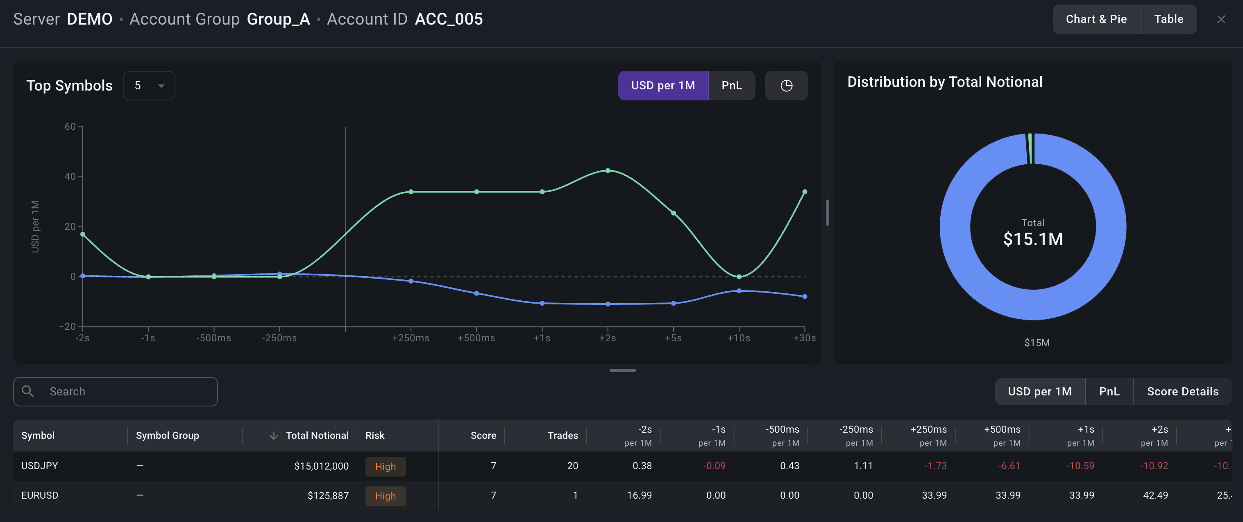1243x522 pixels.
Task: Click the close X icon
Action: (1221, 19)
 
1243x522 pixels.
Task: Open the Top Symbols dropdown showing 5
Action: (149, 85)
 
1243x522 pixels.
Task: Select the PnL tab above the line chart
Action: (732, 85)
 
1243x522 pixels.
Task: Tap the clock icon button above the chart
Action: (787, 85)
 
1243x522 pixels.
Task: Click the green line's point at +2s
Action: (608, 170)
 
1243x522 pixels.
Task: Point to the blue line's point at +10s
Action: (739, 291)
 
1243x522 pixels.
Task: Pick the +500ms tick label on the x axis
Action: (476, 338)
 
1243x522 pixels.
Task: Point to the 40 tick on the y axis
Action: (70, 177)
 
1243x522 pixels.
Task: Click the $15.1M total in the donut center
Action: (1033, 239)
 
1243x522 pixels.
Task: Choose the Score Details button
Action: (1183, 391)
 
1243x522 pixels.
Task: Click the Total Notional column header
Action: (317, 435)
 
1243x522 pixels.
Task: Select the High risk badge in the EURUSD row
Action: (386, 496)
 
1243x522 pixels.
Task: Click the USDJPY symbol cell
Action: (40, 465)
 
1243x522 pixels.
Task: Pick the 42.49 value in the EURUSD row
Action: (1155, 495)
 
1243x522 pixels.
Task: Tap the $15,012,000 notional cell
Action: (321, 465)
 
